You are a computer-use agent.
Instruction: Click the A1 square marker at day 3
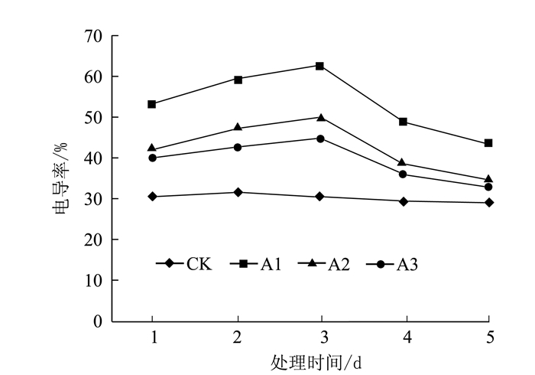tap(320, 66)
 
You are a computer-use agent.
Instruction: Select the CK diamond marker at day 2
tap(238, 192)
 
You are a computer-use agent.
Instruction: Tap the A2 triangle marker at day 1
tap(152, 148)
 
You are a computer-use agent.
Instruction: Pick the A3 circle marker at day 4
tap(403, 174)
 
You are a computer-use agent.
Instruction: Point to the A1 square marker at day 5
tap(488, 143)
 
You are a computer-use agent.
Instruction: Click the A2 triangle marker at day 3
tap(320, 117)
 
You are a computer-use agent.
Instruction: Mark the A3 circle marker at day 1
tap(152, 158)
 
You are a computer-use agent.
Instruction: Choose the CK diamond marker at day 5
tap(488, 203)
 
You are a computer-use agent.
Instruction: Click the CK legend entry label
tap(199, 264)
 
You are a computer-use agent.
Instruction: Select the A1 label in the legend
tap(271, 264)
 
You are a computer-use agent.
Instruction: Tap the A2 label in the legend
tap(339, 264)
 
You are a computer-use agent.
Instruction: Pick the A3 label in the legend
tap(407, 264)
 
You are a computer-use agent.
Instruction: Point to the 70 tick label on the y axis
tap(93, 36)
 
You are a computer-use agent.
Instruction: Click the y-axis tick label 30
tap(93, 199)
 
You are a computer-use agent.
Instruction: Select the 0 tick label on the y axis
tap(97, 321)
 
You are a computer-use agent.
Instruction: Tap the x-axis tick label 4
tap(405, 337)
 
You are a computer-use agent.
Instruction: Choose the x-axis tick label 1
tap(154, 337)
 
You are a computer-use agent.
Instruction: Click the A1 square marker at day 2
tap(238, 80)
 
